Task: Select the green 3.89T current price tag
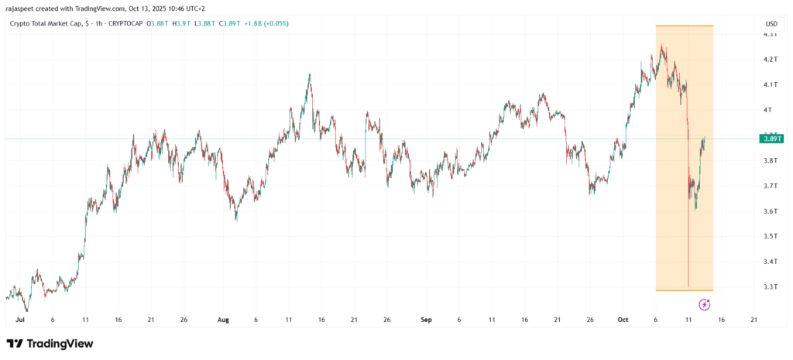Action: (771, 139)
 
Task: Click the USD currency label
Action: (771, 24)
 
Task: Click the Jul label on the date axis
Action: (20, 319)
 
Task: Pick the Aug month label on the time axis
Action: (224, 319)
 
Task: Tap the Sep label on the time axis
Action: (426, 319)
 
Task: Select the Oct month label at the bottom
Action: (623, 319)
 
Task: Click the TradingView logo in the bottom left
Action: (50, 344)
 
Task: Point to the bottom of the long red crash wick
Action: (688, 286)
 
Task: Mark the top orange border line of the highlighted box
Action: (685, 26)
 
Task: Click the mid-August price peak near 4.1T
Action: (310, 74)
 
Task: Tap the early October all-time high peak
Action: (662, 46)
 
